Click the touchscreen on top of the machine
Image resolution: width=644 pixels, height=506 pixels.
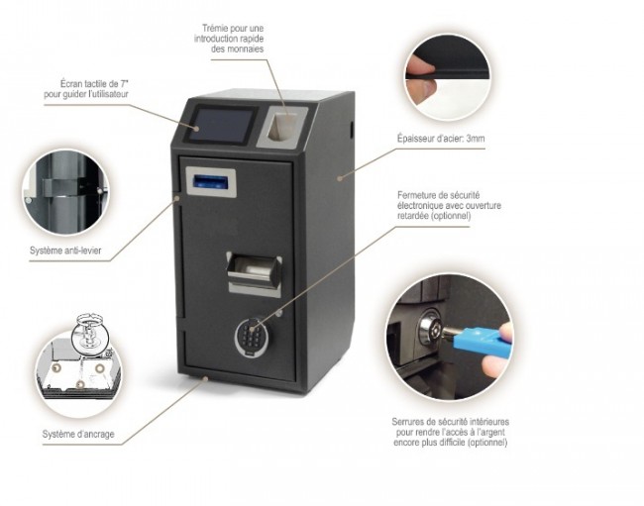[222, 125]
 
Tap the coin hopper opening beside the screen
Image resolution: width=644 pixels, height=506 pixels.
[283, 126]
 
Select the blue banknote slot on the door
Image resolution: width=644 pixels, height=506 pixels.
[211, 181]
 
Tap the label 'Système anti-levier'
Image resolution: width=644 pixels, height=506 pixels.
[65, 250]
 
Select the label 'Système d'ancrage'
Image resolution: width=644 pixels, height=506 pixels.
[78, 434]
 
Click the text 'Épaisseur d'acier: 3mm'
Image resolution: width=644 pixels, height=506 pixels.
[441, 139]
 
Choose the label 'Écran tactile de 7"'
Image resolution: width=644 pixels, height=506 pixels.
[94, 84]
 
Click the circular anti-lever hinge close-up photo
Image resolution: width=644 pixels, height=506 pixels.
[66, 192]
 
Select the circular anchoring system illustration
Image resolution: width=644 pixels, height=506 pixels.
[78, 362]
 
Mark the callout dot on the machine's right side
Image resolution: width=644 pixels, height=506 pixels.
[340, 177]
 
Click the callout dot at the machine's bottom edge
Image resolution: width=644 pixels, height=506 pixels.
[206, 378]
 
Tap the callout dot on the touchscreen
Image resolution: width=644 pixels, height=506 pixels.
[197, 129]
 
